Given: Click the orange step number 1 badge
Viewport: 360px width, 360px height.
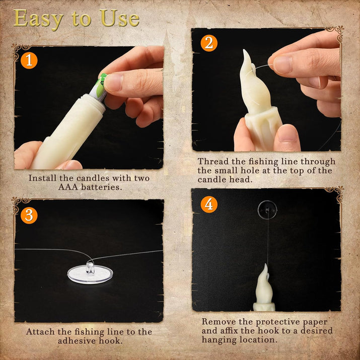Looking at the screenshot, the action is [29, 60].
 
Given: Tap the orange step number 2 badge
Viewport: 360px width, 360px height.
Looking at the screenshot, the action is [209, 43].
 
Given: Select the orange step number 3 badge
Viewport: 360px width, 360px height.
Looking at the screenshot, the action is [29, 215].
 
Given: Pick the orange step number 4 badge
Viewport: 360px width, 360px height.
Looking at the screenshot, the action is [209, 204].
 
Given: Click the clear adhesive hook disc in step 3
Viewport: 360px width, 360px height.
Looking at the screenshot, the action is [90, 273].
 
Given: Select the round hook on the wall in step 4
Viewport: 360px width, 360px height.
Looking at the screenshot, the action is [267, 210].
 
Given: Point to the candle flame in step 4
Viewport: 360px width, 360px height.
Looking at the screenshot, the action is [264, 284].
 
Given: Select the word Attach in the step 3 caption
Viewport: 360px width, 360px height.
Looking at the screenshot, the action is [40, 332].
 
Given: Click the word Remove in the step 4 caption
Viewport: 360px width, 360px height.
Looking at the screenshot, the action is [218, 321].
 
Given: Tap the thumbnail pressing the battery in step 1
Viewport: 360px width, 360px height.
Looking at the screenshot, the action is [113, 82].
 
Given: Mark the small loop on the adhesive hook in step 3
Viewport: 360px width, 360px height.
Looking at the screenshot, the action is [90, 268].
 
